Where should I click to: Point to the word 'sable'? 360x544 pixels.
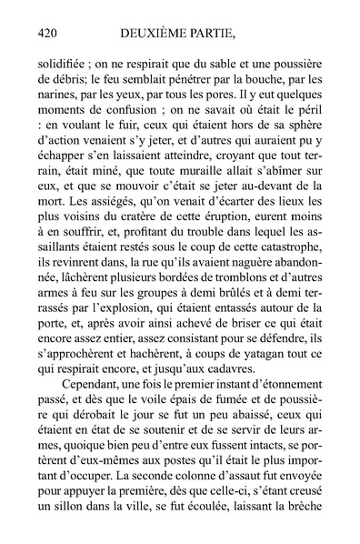[223, 66]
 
